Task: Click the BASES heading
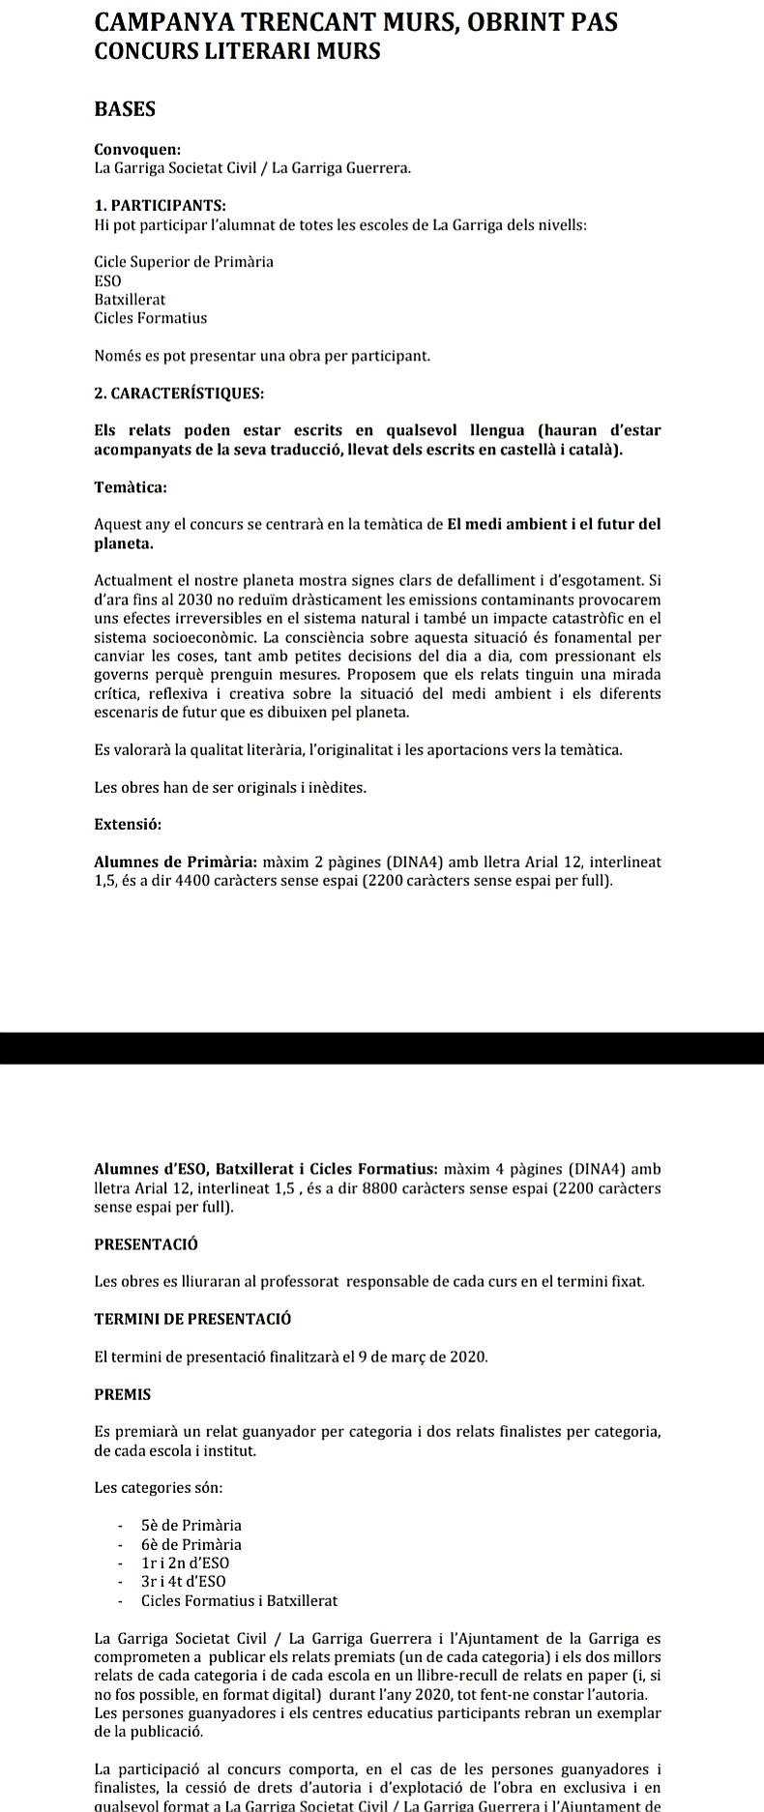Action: click(x=125, y=109)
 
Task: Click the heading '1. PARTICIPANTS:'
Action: click(x=160, y=205)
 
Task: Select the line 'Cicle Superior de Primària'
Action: click(x=184, y=262)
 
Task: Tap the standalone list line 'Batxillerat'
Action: click(x=130, y=300)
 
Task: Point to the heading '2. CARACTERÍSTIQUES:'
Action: click(x=179, y=394)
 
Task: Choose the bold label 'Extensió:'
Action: click(x=128, y=825)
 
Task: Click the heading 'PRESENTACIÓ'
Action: click(x=146, y=1243)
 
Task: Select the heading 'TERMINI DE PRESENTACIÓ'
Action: click(x=192, y=1319)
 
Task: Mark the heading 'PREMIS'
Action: click(x=123, y=1394)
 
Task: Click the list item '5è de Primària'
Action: click(x=191, y=1526)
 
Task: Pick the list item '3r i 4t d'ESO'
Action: click(x=184, y=1582)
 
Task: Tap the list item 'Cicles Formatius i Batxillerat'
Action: click(x=239, y=1601)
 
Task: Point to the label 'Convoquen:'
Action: click(x=137, y=150)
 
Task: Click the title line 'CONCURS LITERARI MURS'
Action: click(x=237, y=52)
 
